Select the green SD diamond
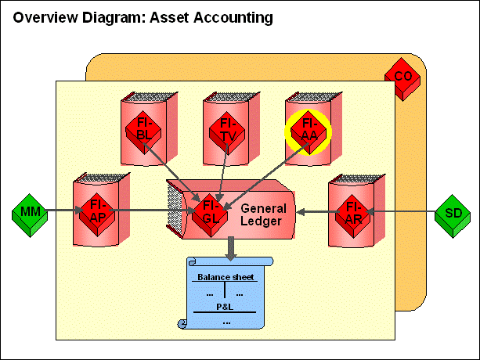(453, 211)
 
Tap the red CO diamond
(402, 76)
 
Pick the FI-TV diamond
(227, 128)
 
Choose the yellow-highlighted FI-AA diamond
(309, 129)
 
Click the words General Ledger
(262, 215)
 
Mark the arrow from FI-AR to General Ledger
(315, 211)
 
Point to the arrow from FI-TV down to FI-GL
(224, 168)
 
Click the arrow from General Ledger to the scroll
(230, 248)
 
